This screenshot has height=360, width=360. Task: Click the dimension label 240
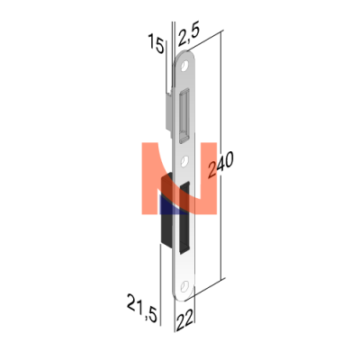(x=221, y=165)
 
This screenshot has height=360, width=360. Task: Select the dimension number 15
(x=157, y=44)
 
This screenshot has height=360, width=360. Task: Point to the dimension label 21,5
(x=142, y=308)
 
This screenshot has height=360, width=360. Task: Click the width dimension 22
(x=184, y=321)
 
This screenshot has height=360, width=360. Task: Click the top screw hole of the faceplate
(x=184, y=66)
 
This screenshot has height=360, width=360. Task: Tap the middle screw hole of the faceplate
(x=185, y=160)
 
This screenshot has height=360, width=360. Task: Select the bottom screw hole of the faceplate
(x=185, y=285)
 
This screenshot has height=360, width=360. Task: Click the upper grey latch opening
(x=184, y=114)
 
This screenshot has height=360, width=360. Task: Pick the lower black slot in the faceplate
(x=184, y=218)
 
